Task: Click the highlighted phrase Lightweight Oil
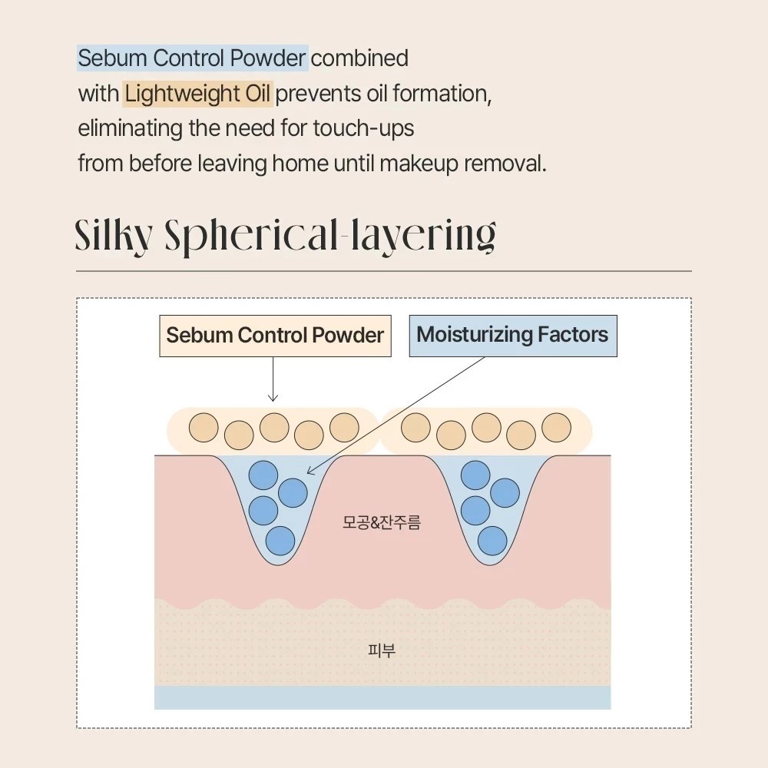[197, 94]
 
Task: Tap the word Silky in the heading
[113, 236]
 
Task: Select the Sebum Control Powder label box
[275, 336]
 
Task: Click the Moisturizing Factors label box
[513, 336]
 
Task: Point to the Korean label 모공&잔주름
[382, 522]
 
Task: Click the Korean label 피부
[382, 650]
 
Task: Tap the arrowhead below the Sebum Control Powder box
[273, 397]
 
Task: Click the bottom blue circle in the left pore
[280, 541]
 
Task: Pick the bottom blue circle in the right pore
[492, 541]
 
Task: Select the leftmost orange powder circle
[204, 428]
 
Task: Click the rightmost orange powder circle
[556, 428]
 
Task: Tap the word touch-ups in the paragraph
[363, 129]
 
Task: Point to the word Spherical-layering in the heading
[330, 237]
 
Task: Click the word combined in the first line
[359, 58]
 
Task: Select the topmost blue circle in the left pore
[263, 475]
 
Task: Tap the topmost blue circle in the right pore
[475, 475]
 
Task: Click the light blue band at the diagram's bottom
[382, 697]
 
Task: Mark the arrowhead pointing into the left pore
[310, 471]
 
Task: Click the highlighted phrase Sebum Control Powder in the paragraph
[193, 58]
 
